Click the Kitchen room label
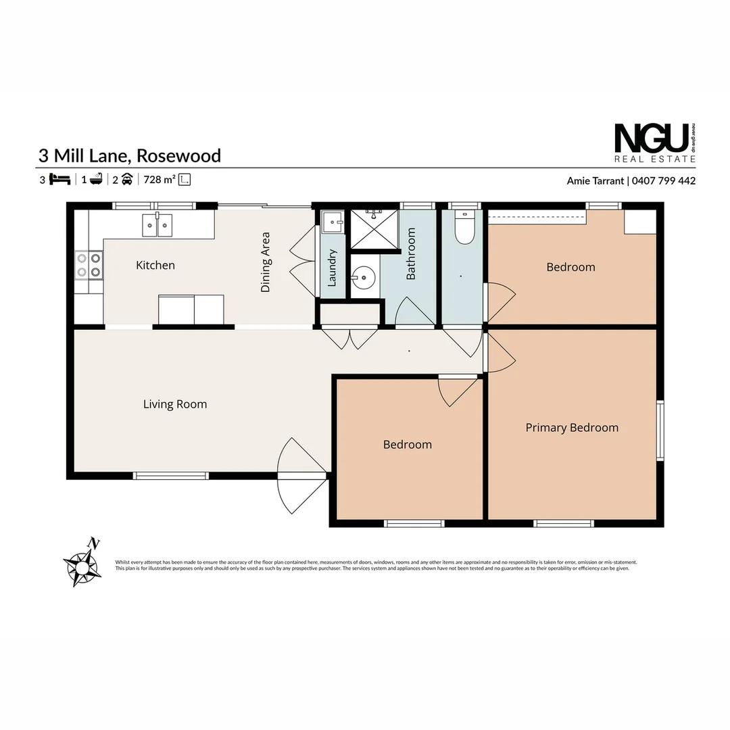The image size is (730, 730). coord(155,266)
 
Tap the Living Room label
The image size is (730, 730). coord(175,405)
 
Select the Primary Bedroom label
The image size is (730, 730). coord(572,428)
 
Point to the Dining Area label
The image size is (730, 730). coord(266,262)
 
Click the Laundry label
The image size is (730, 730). coord(332,268)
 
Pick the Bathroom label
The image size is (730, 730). coord(411,253)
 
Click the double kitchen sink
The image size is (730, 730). coord(157,225)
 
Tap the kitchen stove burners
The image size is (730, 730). coord(89,264)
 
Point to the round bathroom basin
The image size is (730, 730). coord(364,276)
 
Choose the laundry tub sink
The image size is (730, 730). coord(332,221)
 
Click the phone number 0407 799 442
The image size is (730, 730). coord(664,180)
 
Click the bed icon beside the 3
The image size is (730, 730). coord(61,180)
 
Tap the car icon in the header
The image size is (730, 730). coord(126,180)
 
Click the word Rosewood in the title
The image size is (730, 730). coord(178,155)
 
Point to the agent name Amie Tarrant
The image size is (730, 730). coord(595,180)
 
